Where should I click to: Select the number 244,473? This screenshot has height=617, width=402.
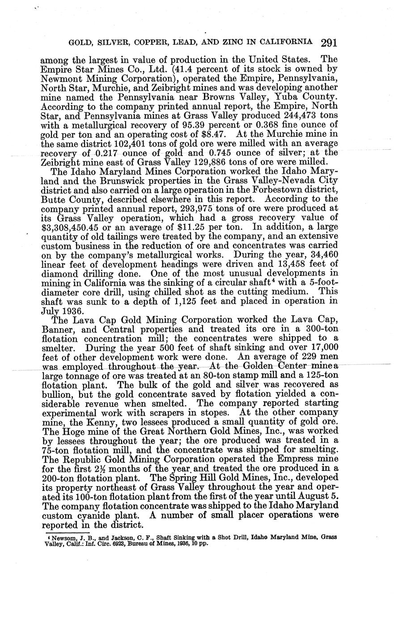[318, 115]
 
